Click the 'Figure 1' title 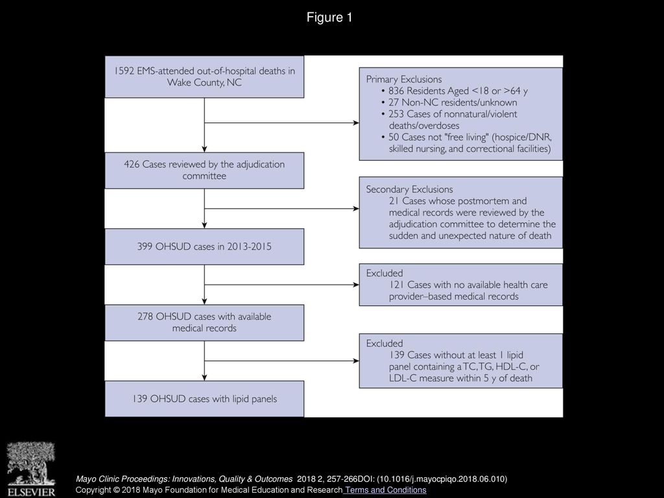click(329, 18)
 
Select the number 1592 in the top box click(124, 71)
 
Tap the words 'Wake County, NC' click(204, 82)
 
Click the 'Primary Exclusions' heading click(403, 79)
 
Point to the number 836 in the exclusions click(396, 91)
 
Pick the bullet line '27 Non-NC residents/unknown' click(453, 102)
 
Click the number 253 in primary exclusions click(396, 114)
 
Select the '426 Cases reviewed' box click(204, 171)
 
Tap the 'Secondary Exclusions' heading click(409, 189)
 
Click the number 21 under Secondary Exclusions click(394, 201)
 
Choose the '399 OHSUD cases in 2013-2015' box click(204, 246)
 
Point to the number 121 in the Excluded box click(396, 285)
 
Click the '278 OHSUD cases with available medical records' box click(204, 322)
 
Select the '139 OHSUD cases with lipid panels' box click(204, 399)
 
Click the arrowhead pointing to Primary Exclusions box click(356, 123)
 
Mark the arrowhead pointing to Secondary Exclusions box click(356, 208)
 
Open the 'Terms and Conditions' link click(385, 490)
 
